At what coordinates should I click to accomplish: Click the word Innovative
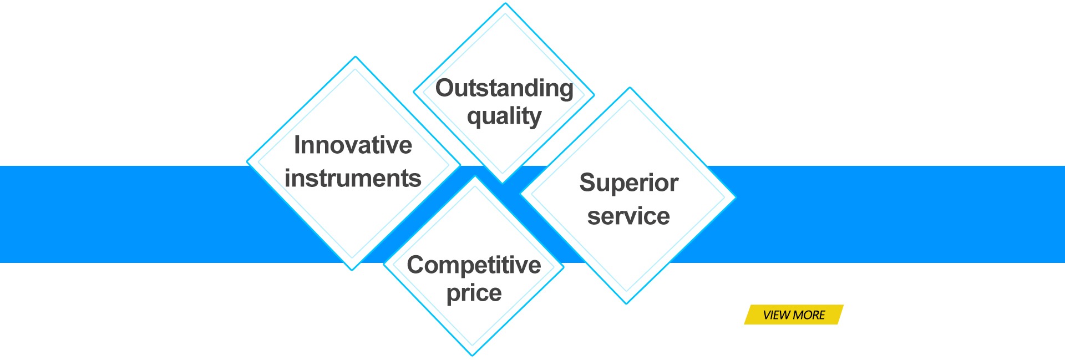(353, 145)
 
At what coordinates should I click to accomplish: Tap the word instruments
(353, 179)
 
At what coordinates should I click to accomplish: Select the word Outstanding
(504, 88)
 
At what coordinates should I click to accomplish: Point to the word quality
(504, 116)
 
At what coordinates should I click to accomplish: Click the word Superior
(628, 183)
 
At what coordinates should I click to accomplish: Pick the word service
(628, 216)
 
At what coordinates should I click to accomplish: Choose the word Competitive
(474, 265)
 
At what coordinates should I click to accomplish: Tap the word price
(474, 293)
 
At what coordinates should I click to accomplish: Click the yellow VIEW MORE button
(794, 315)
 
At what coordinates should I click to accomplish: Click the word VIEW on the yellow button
(777, 315)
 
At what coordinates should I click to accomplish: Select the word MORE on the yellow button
(809, 315)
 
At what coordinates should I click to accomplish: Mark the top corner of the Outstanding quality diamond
(505, 4)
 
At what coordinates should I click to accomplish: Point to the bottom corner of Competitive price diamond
(473, 355)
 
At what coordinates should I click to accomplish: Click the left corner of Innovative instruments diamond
(247, 162)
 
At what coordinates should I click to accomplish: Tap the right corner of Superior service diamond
(734, 196)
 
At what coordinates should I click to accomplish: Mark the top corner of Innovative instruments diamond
(356, 57)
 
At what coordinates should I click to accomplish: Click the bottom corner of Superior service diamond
(626, 303)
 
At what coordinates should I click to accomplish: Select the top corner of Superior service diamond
(630, 88)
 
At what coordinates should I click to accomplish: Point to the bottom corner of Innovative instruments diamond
(352, 270)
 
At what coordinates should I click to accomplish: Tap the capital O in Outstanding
(445, 88)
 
